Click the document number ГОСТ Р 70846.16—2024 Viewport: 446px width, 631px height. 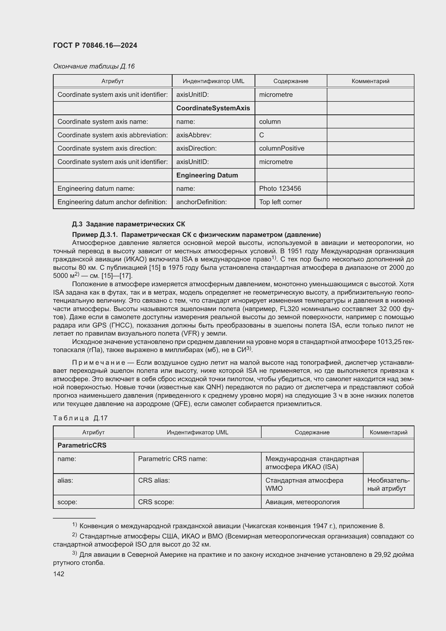click(95, 45)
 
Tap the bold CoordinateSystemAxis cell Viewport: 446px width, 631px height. click(213, 108)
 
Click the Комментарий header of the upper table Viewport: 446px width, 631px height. click(370, 81)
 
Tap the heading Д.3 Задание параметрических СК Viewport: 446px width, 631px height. click(128, 224)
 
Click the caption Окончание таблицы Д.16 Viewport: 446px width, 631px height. click(94, 66)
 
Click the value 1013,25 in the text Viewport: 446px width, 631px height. click(388, 342)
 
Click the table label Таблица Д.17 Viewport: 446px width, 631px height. click(80, 418)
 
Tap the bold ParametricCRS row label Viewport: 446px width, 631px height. click(82, 445)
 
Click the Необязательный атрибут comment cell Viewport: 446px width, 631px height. click(388, 484)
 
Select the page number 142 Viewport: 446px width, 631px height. click(59, 574)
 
